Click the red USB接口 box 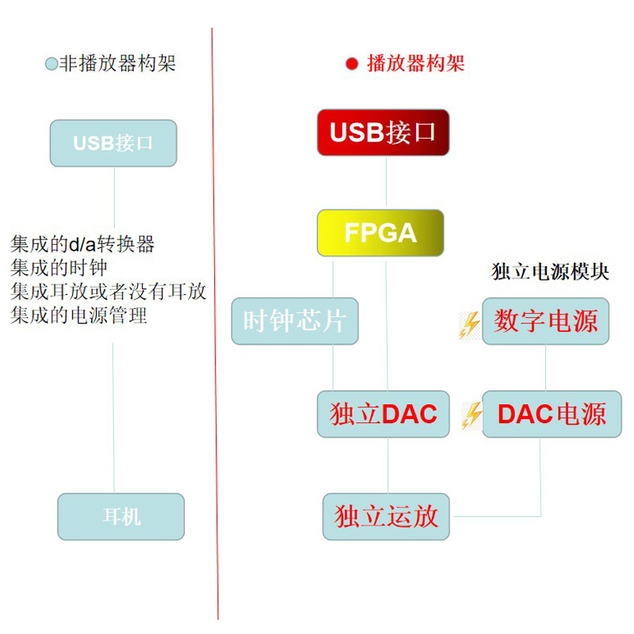coord(383,132)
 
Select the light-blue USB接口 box coord(113,143)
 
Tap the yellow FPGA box coord(380,233)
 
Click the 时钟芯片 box coord(295,321)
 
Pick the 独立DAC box coord(384,414)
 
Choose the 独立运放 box coord(386,517)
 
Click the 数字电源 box coord(546,321)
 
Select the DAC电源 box coord(552,414)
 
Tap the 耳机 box coord(121,517)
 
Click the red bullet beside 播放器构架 coord(353,64)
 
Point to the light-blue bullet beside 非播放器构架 coord(52,64)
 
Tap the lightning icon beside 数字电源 coord(471,324)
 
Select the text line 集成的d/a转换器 coord(82,244)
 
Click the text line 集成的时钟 coord(59,268)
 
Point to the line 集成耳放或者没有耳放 coord(109,292)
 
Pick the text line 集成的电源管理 coord(79,315)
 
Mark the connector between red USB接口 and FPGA coord(386,182)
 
